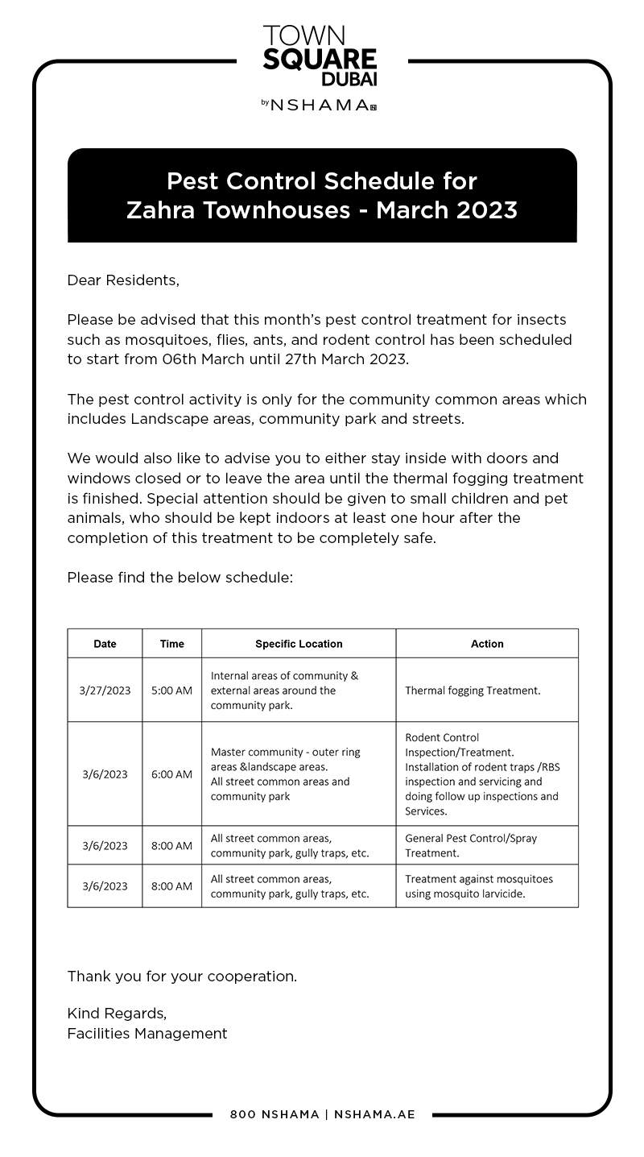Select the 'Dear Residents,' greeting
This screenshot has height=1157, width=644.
(123, 280)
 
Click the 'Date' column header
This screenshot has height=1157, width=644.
(105, 644)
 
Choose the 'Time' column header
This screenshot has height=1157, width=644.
(171, 644)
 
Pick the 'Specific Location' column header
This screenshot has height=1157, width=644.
(299, 644)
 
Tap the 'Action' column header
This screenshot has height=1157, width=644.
(486, 644)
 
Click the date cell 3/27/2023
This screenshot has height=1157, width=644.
(105, 690)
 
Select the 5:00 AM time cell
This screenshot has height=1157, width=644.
(171, 690)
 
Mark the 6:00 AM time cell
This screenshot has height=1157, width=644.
(171, 774)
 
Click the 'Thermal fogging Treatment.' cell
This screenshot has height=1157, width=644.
(473, 690)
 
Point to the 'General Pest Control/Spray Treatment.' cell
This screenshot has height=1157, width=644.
(471, 845)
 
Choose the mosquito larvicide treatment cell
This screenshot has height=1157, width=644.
(478, 886)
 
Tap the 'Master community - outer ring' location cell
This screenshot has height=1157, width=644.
(286, 774)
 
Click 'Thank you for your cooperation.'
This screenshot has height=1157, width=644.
(182, 977)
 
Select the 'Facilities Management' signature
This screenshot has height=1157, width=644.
(147, 1034)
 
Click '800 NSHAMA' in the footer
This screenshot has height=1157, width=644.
(274, 1115)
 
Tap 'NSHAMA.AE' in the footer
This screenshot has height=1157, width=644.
(374, 1115)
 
